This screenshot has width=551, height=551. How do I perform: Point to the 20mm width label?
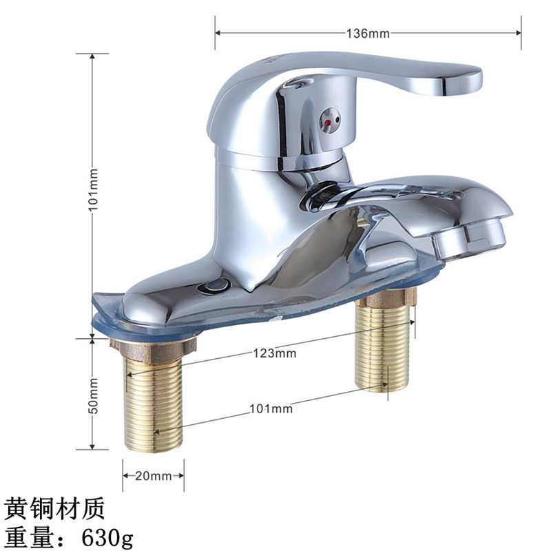[154, 476]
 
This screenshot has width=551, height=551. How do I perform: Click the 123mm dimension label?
[273, 353]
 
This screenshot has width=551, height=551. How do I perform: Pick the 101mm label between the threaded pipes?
[271, 408]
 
